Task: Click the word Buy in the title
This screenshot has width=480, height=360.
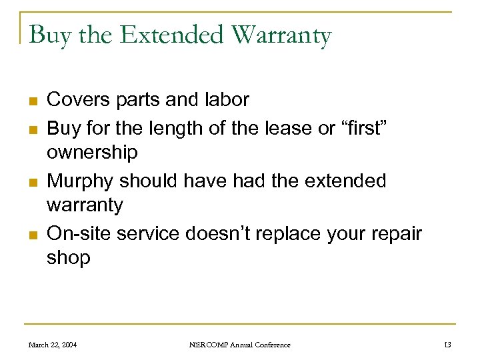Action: (x=51, y=35)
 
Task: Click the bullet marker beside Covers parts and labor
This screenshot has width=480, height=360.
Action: (x=31, y=101)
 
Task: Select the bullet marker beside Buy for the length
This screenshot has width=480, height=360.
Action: (x=31, y=128)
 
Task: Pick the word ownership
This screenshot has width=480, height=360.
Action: (x=92, y=153)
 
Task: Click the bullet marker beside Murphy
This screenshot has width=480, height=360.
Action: (x=31, y=182)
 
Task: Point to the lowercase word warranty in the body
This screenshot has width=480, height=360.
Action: (x=85, y=205)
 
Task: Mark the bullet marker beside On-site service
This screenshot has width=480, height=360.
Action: (x=31, y=235)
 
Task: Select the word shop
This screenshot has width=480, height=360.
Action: (x=68, y=259)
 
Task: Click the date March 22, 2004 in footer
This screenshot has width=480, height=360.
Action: (x=52, y=345)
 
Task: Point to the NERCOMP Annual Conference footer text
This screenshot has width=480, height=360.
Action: (x=239, y=345)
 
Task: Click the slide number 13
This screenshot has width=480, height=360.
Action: (x=447, y=345)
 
